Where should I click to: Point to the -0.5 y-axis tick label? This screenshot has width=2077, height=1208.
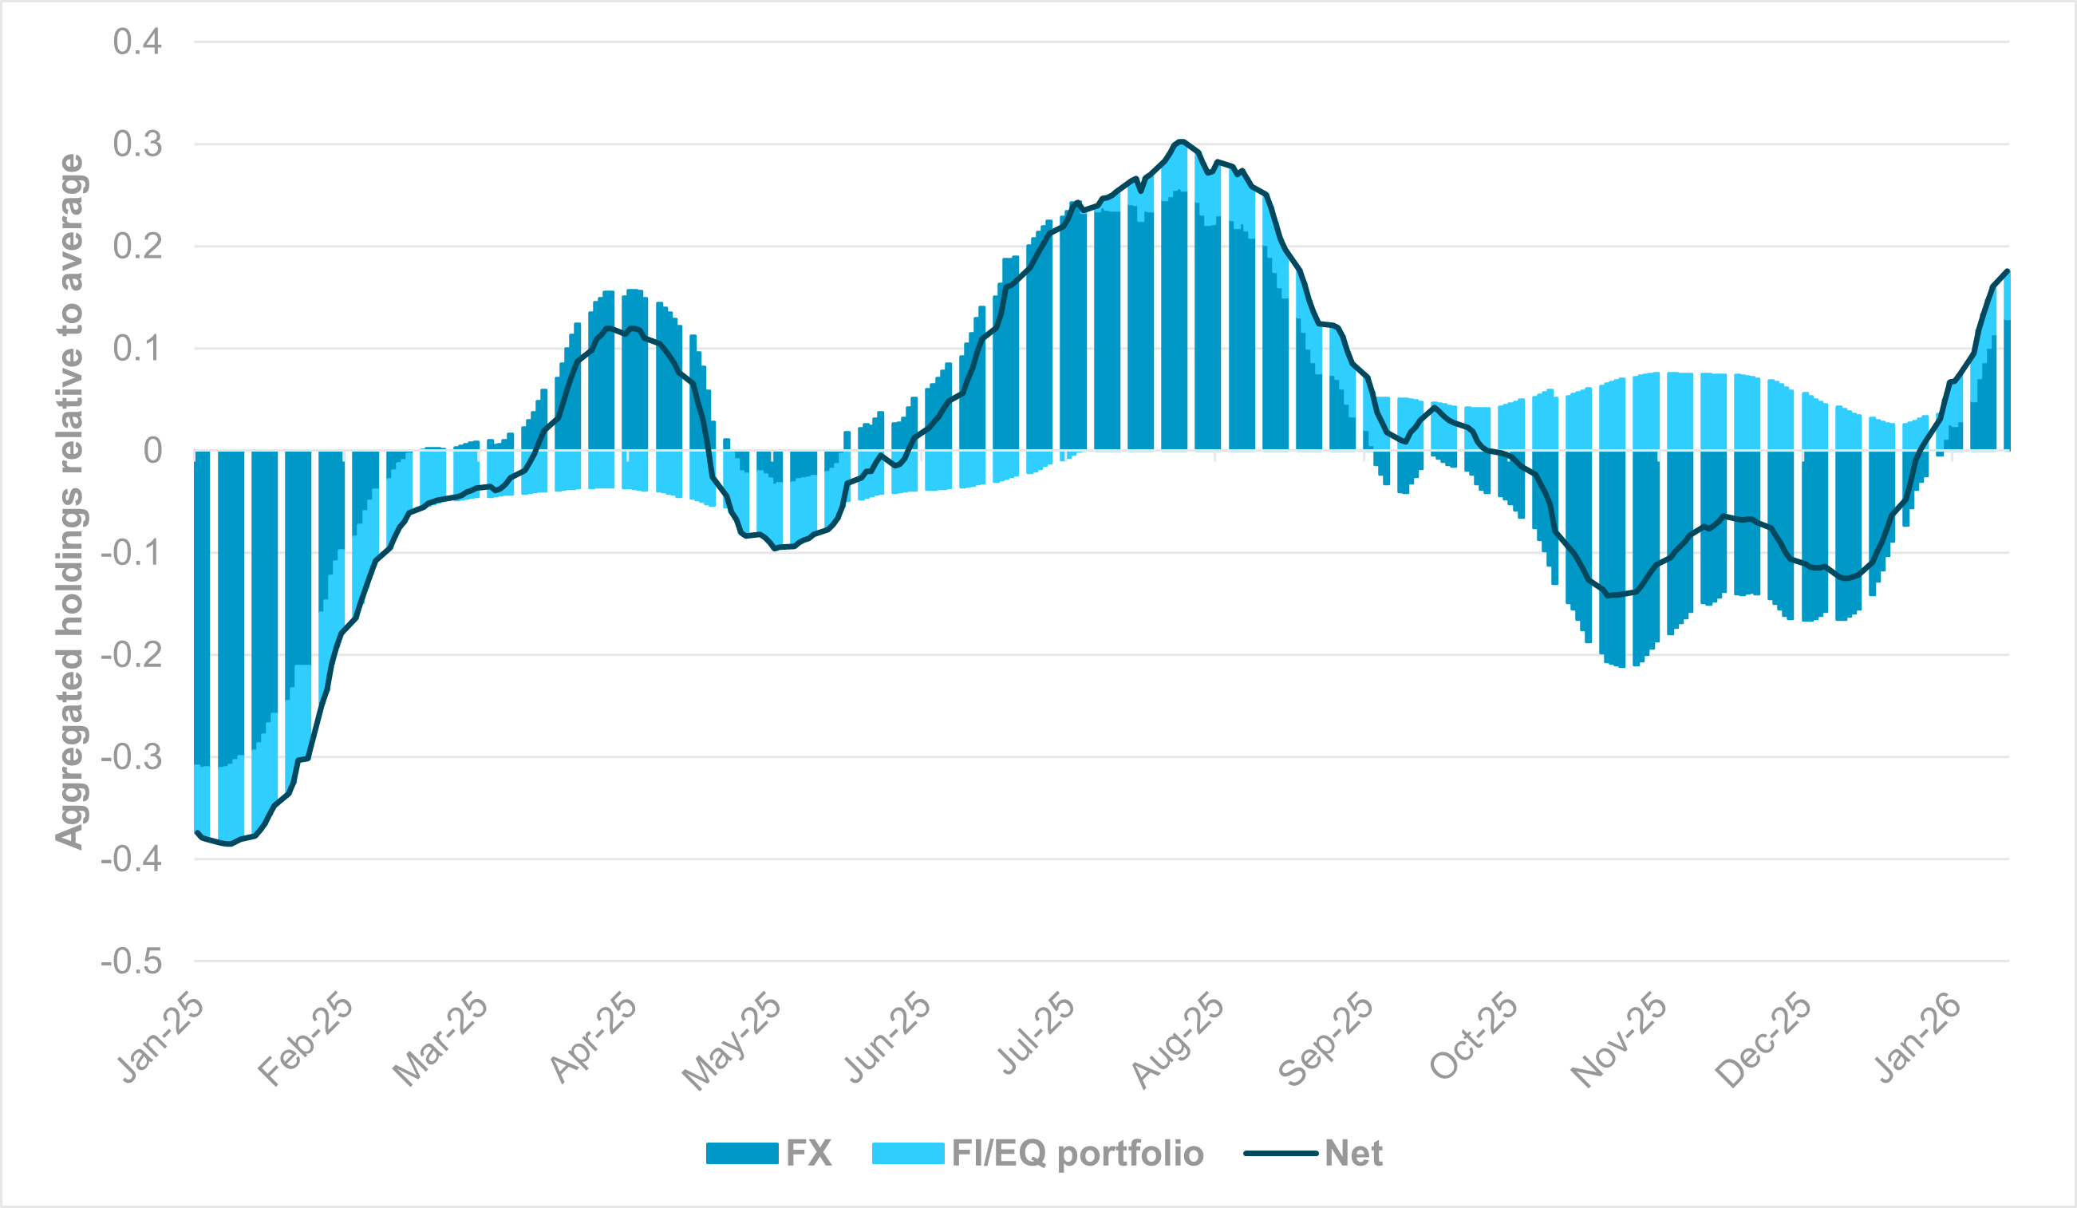[x=131, y=961]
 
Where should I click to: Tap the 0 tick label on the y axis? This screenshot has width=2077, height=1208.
[x=152, y=451]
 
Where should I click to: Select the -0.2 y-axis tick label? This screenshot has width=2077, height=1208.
[x=131, y=655]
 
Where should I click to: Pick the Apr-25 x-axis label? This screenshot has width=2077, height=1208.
[x=594, y=1040]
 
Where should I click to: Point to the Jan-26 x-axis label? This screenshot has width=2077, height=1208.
[x=1917, y=1040]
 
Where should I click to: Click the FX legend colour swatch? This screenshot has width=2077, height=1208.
[x=742, y=1153]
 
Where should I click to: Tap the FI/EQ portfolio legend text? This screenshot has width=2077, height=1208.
[x=1077, y=1153]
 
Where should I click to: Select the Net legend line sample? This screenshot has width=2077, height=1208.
[x=1280, y=1153]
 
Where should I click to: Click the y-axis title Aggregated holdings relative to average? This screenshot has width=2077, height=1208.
[x=70, y=501]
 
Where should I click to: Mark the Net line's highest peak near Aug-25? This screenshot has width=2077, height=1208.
[x=1180, y=141]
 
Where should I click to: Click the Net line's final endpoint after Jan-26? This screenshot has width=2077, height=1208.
[x=2008, y=270]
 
